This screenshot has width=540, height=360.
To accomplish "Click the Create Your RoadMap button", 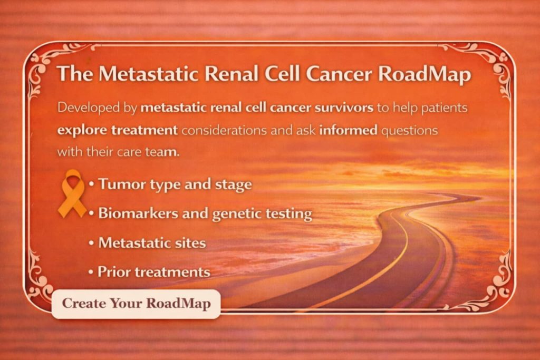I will click(x=136, y=304).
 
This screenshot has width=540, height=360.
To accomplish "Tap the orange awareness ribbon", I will click(x=72, y=194).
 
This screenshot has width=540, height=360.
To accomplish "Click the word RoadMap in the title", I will click(x=424, y=74).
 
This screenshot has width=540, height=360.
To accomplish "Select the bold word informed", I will click(x=348, y=130).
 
